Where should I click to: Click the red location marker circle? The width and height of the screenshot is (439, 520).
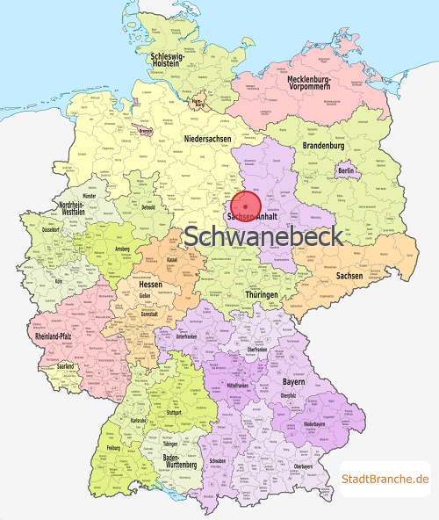(x=245, y=203)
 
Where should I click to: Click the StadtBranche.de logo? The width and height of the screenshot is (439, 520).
(x=385, y=479)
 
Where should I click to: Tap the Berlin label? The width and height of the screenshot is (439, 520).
(x=345, y=170)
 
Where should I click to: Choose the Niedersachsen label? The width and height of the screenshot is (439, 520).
(x=208, y=140)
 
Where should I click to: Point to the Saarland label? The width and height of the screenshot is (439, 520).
(x=66, y=366)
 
